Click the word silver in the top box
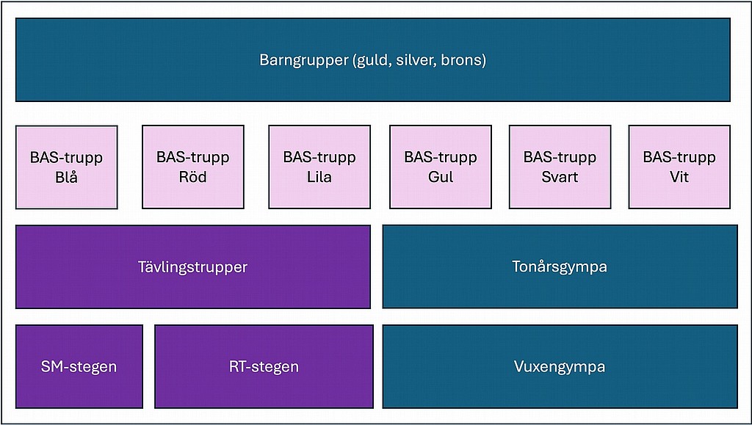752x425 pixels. [x=415, y=60]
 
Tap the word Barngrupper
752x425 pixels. [x=303, y=60]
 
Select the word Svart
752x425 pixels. [x=560, y=177]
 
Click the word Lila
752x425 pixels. [x=319, y=177]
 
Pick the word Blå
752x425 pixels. [x=66, y=177]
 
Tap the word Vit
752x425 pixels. [x=679, y=177]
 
